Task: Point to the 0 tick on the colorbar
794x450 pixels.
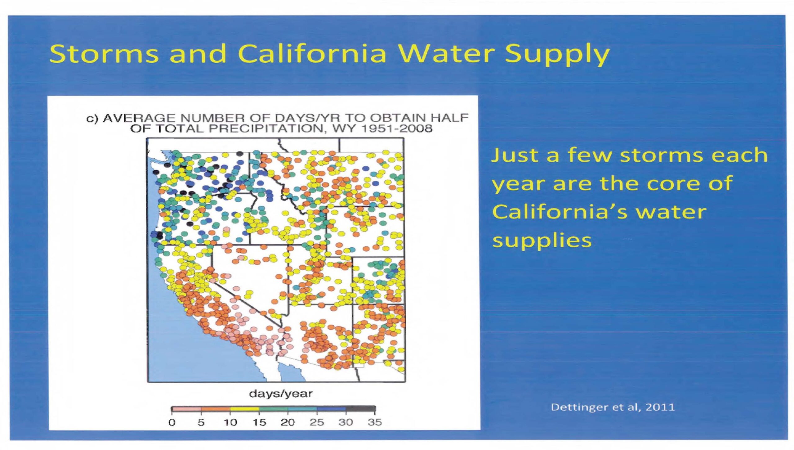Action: coord(172,422)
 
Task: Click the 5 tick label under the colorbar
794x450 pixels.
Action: coord(201,422)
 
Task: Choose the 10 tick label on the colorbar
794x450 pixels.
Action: coord(230,422)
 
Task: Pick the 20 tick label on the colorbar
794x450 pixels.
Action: coord(288,422)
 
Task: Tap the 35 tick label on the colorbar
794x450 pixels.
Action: coord(375,422)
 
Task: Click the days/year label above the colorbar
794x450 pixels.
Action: coord(281,394)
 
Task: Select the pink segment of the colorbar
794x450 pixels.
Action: coord(187,409)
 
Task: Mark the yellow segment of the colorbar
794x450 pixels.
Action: coord(245,409)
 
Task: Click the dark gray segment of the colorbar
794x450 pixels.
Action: coord(360,409)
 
